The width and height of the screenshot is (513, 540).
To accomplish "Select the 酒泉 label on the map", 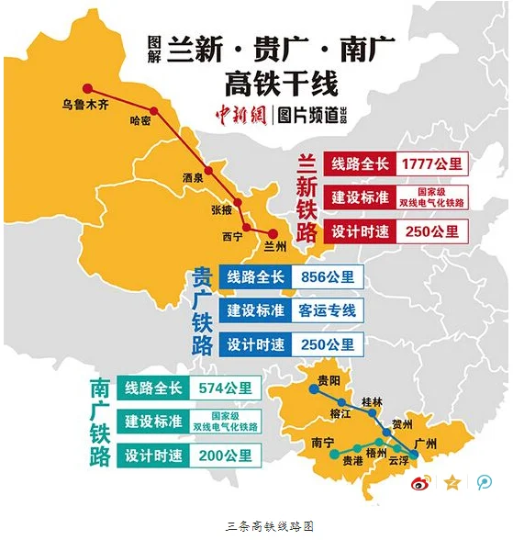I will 193,177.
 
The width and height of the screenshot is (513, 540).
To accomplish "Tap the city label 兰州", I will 274,245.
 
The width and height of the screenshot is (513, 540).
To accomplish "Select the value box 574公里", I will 224,388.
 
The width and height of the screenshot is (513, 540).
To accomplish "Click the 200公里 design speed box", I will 224,455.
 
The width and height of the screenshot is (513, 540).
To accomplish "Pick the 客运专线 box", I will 327,310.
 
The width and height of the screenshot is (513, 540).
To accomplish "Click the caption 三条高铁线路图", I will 256,526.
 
